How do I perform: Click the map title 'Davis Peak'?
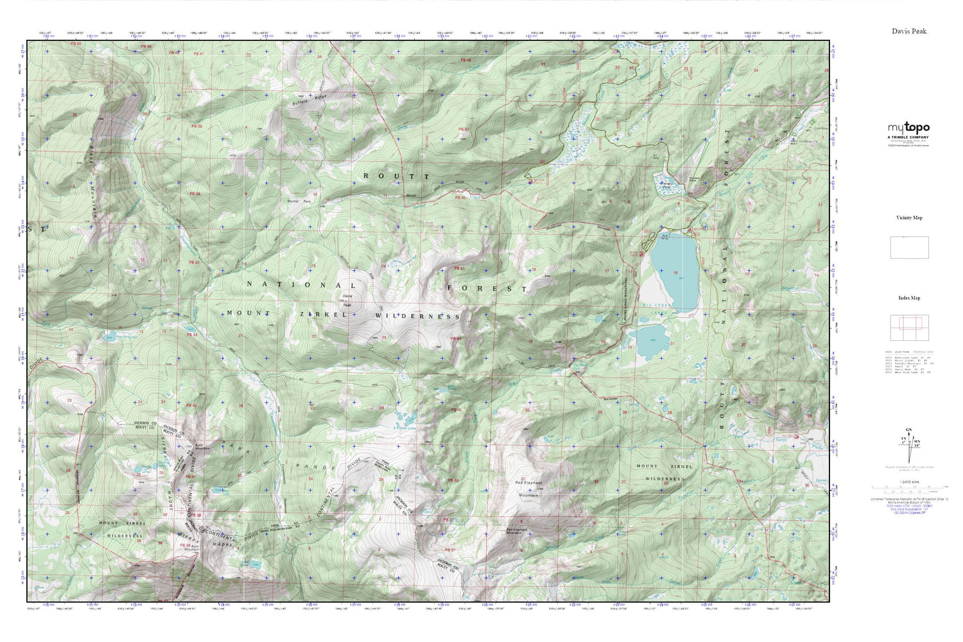(908, 31)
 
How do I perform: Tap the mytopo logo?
(908, 128)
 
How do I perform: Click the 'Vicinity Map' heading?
(908, 218)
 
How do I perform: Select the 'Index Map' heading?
(908, 298)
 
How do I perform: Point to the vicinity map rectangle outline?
(909, 248)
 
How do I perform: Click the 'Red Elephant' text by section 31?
(528, 483)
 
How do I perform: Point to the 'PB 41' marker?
(458, 268)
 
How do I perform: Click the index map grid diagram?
(909, 328)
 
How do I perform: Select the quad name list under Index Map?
(909, 361)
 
